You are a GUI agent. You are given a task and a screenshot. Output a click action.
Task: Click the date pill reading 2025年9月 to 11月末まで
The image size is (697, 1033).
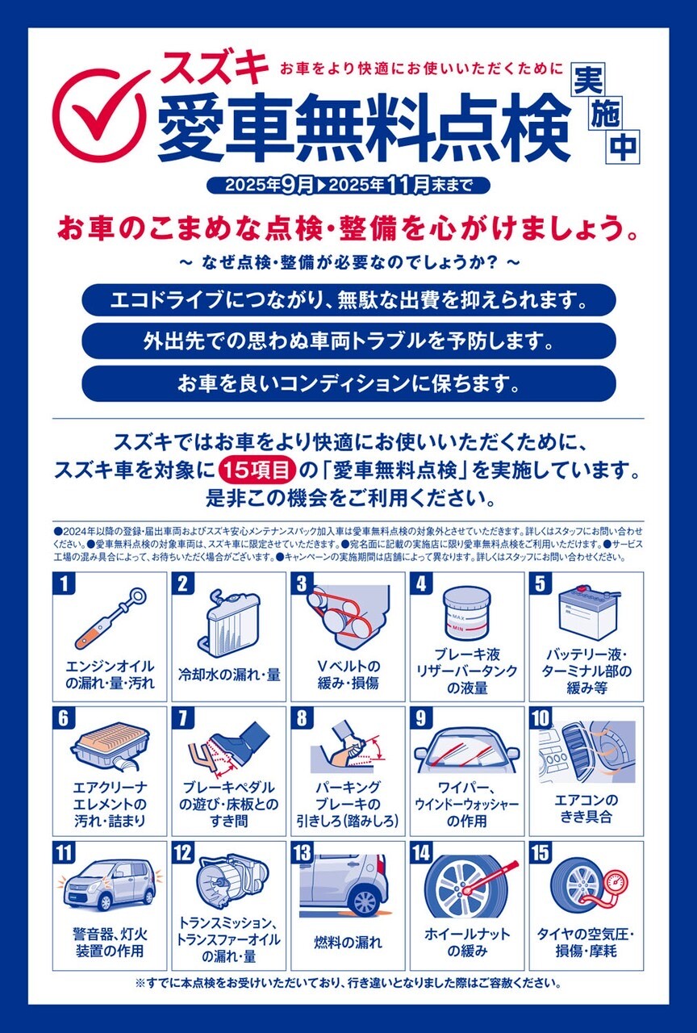[348, 186]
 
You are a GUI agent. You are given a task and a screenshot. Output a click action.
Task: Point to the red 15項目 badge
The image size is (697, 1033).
[257, 470]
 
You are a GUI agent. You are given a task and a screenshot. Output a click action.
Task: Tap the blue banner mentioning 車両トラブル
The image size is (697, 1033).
[348, 341]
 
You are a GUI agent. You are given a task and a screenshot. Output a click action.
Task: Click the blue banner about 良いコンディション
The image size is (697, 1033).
[348, 383]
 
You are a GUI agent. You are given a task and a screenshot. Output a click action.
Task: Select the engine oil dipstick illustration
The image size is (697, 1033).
[111, 618]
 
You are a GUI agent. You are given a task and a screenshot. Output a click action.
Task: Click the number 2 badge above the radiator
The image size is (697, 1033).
[183, 583]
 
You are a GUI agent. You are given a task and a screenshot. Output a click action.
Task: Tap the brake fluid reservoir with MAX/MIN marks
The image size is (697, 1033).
[467, 614]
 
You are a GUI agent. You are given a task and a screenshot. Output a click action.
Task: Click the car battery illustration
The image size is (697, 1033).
[586, 613]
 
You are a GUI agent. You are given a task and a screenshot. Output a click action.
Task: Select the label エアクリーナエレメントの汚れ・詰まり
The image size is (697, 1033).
[110, 805]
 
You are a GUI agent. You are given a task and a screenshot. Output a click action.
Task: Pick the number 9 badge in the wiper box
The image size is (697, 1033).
[421, 718]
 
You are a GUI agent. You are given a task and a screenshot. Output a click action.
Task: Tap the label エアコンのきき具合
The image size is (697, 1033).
[586, 809]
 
